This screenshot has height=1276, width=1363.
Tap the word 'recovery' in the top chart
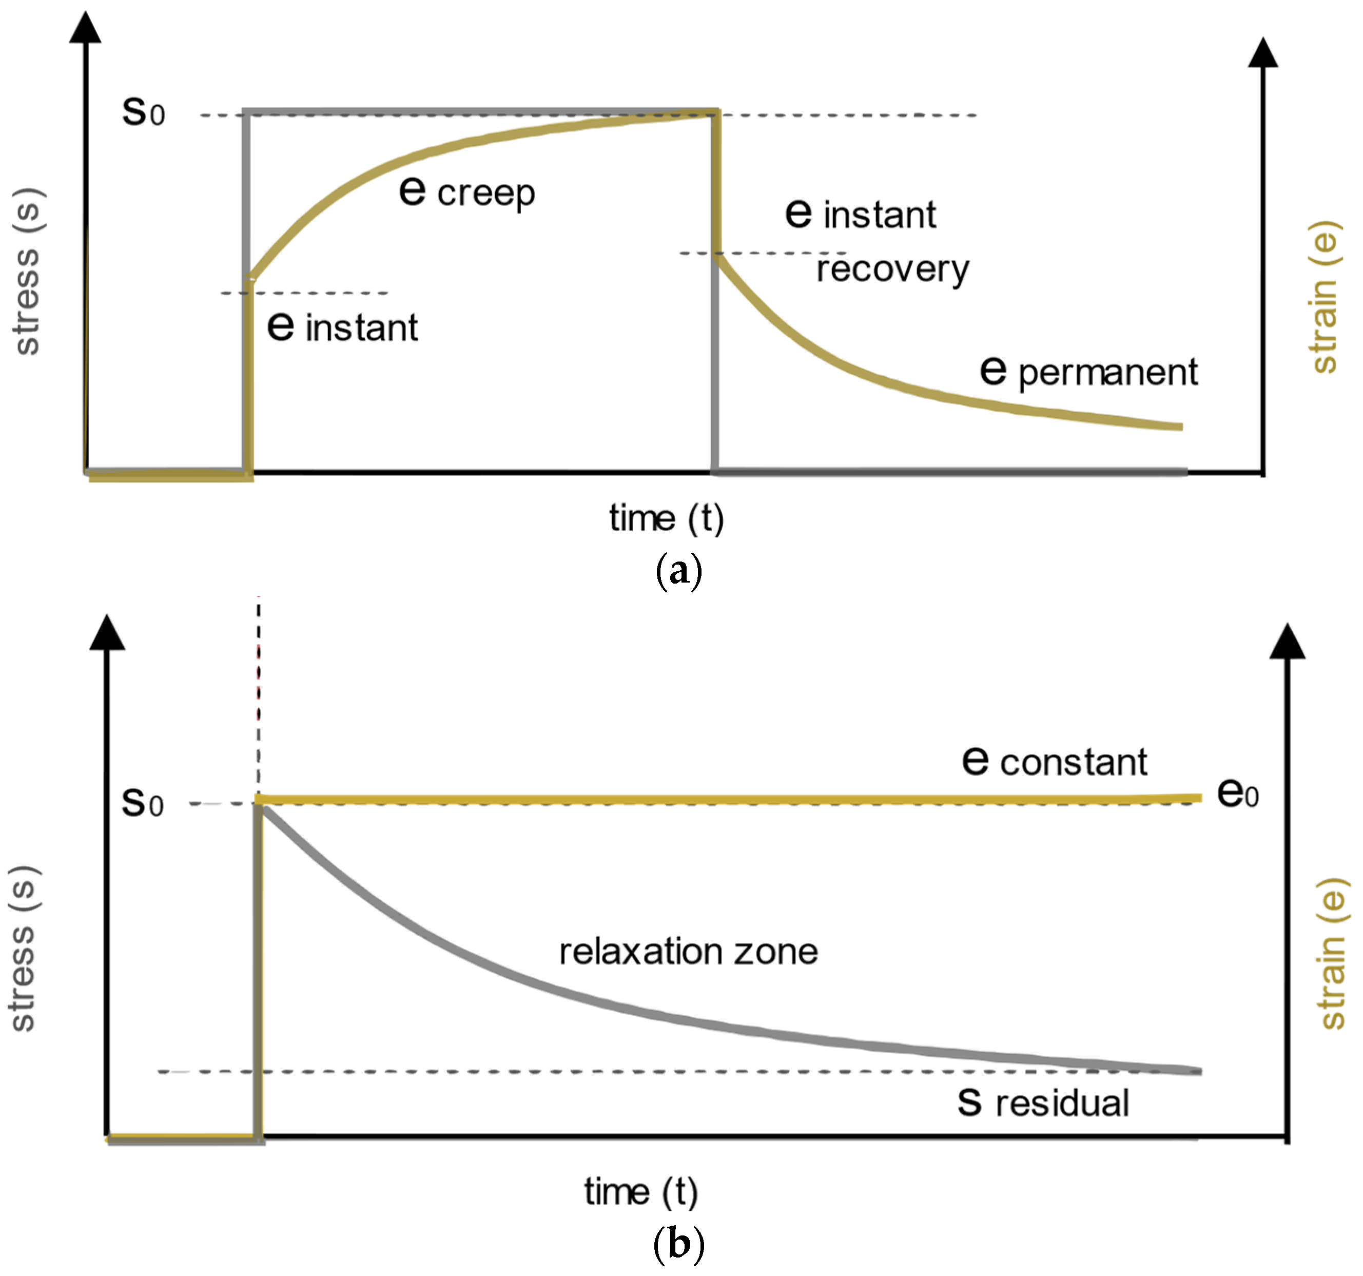[x=892, y=269]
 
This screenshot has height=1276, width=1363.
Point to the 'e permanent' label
[x=1089, y=372]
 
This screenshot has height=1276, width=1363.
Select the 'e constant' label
[x=1055, y=761]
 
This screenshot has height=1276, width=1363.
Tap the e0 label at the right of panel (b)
[x=1238, y=794]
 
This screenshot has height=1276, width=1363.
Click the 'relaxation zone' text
[x=688, y=952]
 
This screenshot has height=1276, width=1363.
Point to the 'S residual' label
[x=1043, y=1103]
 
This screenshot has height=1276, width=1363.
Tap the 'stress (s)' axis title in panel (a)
[x=27, y=272]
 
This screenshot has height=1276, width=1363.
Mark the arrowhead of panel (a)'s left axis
[x=86, y=27]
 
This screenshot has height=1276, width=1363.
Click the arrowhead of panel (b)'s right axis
[x=1287, y=642]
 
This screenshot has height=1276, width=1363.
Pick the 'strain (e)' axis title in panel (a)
[x=1324, y=296]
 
